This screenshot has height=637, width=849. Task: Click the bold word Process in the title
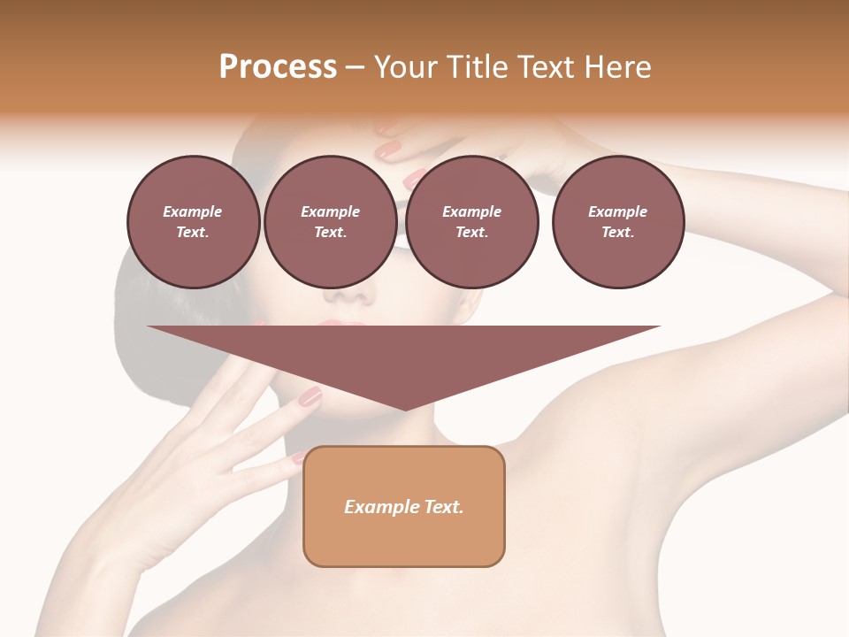pyautogui.click(x=278, y=67)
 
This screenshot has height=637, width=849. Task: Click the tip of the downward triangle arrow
pyautogui.click(x=405, y=408)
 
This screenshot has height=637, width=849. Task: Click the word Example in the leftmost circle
pyautogui.click(x=193, y=211)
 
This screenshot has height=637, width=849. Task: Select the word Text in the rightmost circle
pyautogui.click(x=617, y=232)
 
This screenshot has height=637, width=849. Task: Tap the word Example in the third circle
pyautogui.click(x=471, y=211)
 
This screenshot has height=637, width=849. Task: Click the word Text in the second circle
pyautogui.click(x=330, y=232)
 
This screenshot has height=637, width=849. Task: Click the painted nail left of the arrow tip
pyautogui.click(x=310, y=397)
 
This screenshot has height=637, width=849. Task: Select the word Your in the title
pyautogui.click(x=403, y=67)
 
